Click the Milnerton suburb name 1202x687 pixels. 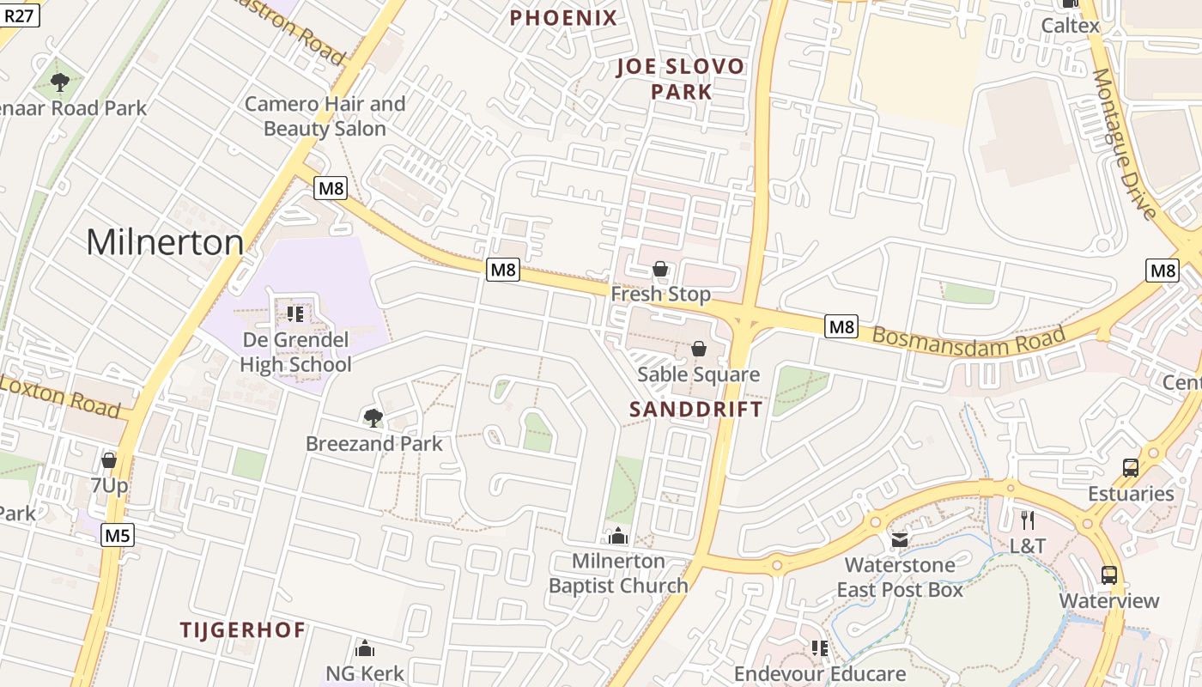pyautogui.click(x=165, y=242)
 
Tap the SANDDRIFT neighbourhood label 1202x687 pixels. pyautogui.click(x=695, y=409)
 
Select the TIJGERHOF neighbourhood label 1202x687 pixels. pyautogui.click(x=243, y=629)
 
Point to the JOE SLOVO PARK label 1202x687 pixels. pyautogui.click(x=681, y=79)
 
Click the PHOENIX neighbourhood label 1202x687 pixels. pyautogui.click(x=563, y=18)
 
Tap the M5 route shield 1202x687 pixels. pyautogui.click(x=117, y=536)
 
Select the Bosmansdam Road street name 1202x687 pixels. pyautogui.click(x=968, y=335)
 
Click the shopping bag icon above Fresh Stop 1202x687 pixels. pyautogui.click(x=660, y=270)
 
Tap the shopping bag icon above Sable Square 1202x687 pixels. pyautogui.click(x=699, y=350)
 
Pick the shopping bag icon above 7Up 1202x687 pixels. pyautogui.click(x=109, y=461)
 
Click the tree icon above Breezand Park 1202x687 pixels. pyautogui.click(x=373, y=418)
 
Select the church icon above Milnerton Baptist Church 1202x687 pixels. pyautogui.click(x=618, y=537)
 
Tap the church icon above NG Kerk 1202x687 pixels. pyautogui.click(x=365, y=648)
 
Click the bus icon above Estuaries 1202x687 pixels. pyautogui.click(x=1131, y=468)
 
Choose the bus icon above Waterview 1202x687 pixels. pyautogui.click(x=1109, y=575)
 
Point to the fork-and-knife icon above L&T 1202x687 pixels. pyautogui.click(x=1027, y=520)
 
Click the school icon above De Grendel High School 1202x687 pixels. pyautogui.click(x=295, y=314)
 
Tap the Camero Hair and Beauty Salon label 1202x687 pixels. pyautogui.click(x=325, y=116)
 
